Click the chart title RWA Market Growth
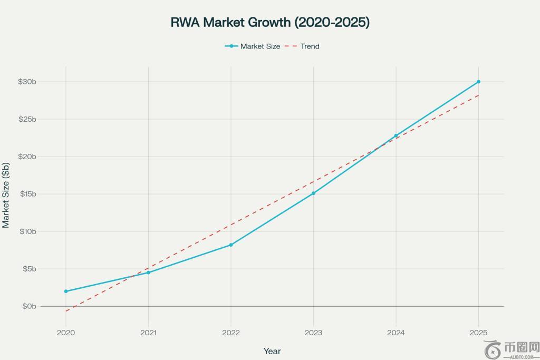coord(270,22)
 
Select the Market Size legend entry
coord(253,46)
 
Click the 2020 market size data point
coord(66,291)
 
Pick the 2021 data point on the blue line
coord(148,273)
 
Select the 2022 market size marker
coord(231,245)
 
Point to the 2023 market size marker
coord(313,193)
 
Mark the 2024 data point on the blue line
coord(396,135)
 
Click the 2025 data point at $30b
coord(478,82)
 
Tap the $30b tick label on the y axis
coord(27,82)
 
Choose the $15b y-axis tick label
coord(27,194)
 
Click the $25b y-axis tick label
coord(27,119)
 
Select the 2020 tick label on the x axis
coord(66,333)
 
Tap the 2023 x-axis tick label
coord(313,333)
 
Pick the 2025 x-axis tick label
coord(478,333)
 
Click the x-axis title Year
coord(272,351)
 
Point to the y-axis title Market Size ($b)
coord(6,195)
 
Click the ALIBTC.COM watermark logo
coord(512,349)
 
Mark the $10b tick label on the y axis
coord(27,231)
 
